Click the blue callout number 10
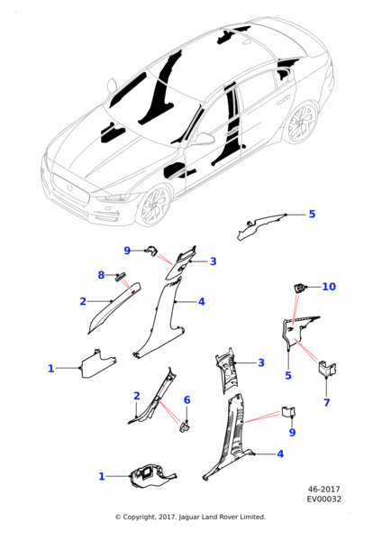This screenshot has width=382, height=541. click(x=329, y=287)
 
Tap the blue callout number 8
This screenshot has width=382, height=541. click(x=101, y=275)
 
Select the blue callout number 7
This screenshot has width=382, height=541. click(x=326, y=402)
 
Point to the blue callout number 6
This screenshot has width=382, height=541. click(x=186, y=399)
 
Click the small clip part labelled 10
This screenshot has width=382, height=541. click(x=299, y=288)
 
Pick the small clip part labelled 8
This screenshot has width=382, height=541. click(x=121, y=277)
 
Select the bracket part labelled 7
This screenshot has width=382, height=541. click(x=326, y=368)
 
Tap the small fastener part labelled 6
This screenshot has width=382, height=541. click(x=185, y=427)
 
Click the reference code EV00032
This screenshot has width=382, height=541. click(x=324, y=499)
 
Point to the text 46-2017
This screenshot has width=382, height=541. click(x=323, y=490)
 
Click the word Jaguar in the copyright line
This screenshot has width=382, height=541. click(x=189, y=518)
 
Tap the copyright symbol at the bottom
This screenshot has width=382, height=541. click(x=118, y=518)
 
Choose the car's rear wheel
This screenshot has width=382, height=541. click(x=301, y=123)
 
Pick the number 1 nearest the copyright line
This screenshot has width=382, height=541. click(x=102, y=476)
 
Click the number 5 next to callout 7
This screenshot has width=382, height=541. click(x=288, y=375)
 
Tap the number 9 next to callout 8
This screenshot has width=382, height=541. click(x=127, y=251)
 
